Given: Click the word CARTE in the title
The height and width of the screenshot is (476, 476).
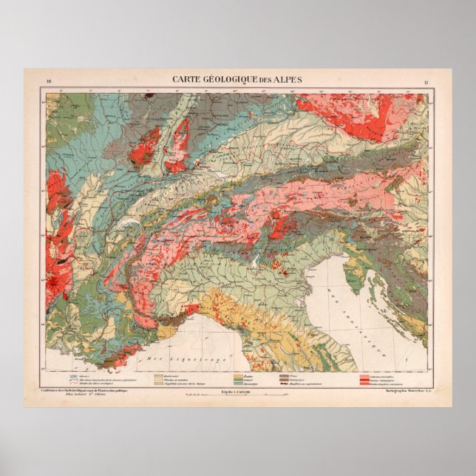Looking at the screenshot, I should [x=187, y=79].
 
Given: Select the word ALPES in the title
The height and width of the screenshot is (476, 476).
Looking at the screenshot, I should [x=288, y=79].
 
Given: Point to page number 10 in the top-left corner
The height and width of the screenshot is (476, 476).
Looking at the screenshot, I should [x=49, y=81].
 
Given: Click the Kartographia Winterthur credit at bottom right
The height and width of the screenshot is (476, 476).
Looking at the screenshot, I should [x=401, y=390].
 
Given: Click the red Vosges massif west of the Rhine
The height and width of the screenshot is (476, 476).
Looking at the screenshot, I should [x=146, y=146].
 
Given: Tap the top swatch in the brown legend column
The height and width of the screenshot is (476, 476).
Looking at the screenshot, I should [x=284, y=375].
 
